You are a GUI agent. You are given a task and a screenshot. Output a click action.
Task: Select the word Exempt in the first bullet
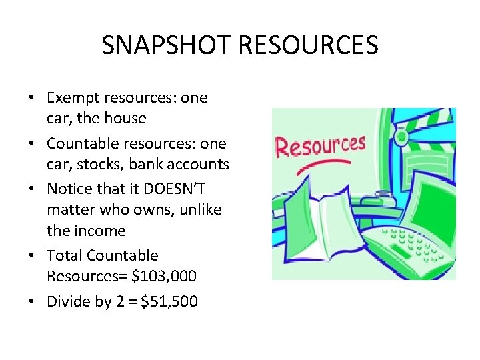tap(71, 98)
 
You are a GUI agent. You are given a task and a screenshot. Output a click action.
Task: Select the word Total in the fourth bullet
tap(64, 255)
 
